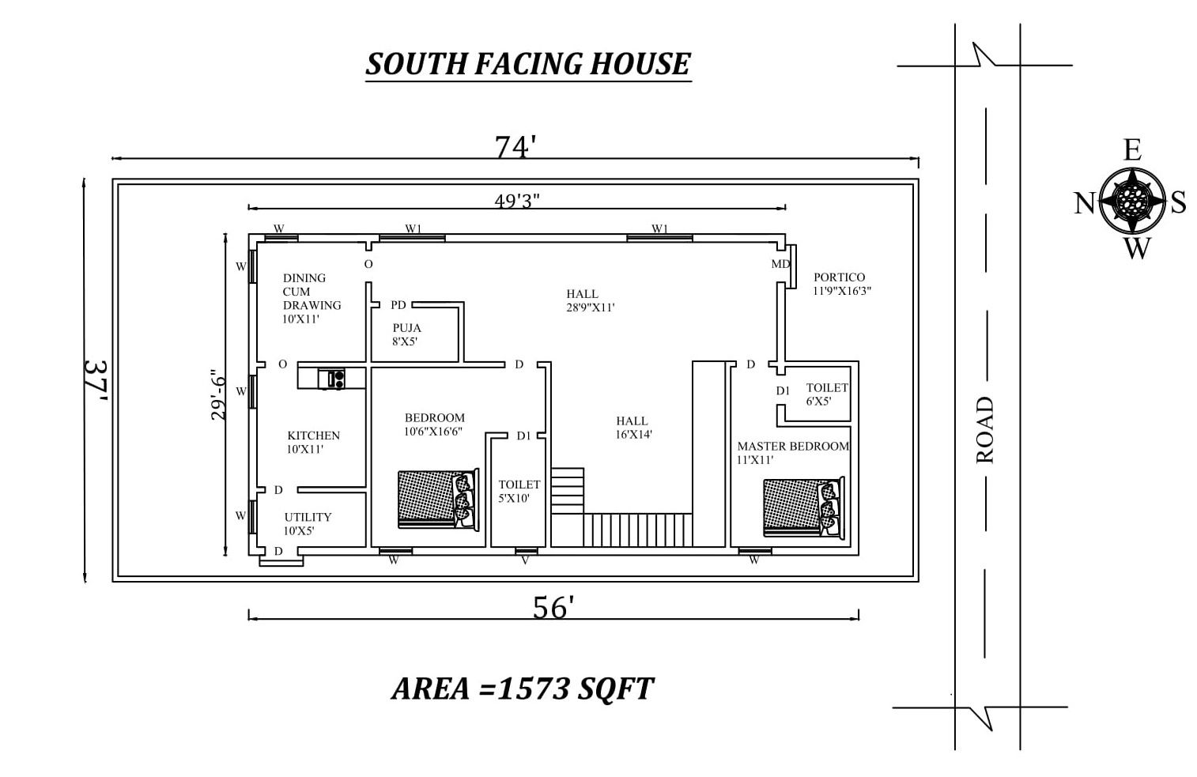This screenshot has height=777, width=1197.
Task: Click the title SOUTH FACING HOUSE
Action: (528, 64)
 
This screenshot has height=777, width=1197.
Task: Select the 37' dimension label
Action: (96, 383)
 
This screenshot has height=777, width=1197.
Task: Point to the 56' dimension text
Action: (553, 607)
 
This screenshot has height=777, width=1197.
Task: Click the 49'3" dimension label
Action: (517, 201)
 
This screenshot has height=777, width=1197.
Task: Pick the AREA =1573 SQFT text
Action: (523, 688)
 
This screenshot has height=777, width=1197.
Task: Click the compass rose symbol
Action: (1132, 201)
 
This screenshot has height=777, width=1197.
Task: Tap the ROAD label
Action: (985, 430)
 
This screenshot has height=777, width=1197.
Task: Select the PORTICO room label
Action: (839, 277)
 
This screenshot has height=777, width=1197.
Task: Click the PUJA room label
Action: (406, 327)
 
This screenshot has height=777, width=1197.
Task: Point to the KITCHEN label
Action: (313, 436)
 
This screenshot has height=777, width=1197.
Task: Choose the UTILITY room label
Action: (308, 517)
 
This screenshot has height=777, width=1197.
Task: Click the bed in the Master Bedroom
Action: (804, 506)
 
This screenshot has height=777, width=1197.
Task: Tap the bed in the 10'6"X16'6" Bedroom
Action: (438, 499)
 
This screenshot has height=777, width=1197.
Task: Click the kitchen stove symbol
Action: (331, 379)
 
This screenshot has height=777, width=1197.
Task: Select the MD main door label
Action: (780, 264)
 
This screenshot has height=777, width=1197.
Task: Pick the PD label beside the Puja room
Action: (398, 305)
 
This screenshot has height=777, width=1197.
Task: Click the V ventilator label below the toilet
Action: (525, 560)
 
